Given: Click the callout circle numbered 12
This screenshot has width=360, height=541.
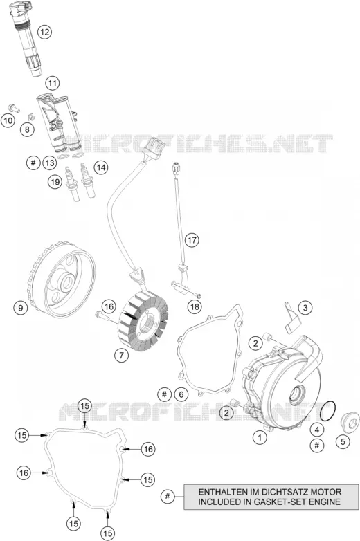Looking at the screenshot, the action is tap(44, 32).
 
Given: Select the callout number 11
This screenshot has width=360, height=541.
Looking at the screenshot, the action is tap(52, 83).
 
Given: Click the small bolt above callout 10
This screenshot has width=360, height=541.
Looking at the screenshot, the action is tap(14, 108).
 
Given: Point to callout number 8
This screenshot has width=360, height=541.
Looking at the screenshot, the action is tap(27, 129).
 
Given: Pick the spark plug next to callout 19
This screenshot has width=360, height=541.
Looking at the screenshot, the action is tap(73, 183).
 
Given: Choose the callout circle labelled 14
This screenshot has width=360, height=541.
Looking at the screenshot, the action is tap(101, 167).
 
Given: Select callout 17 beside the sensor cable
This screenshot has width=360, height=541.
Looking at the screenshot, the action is tap(192, 240).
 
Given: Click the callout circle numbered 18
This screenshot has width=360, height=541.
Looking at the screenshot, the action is tap(195, 306).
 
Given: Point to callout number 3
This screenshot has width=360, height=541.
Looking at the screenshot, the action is tap(305, 307).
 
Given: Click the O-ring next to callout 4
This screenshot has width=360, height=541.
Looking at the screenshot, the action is tap(327, 411).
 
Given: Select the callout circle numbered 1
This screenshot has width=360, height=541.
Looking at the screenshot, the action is tap(260, 438).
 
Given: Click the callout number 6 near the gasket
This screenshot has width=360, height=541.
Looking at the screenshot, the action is tap(181, 394).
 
